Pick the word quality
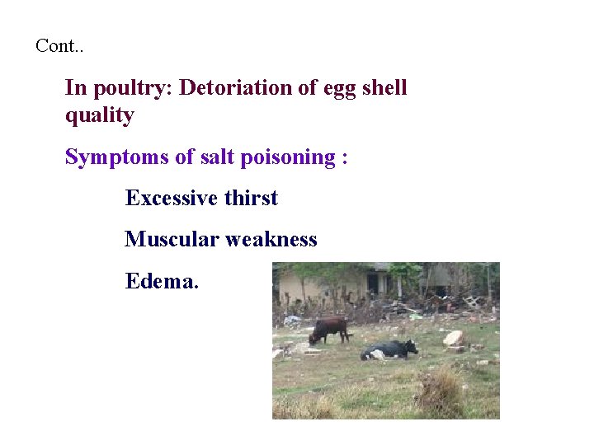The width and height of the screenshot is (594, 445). (99, 116)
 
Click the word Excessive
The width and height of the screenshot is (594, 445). (171, 198)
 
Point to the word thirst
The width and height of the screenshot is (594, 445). (251, 198)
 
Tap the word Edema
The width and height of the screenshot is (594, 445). (162, 280)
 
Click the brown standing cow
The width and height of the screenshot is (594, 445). (330, 328)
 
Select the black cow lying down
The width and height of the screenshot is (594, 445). (388, 349)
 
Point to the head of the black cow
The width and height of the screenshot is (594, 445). (411, 347)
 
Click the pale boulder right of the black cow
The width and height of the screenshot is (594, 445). (454, 337)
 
